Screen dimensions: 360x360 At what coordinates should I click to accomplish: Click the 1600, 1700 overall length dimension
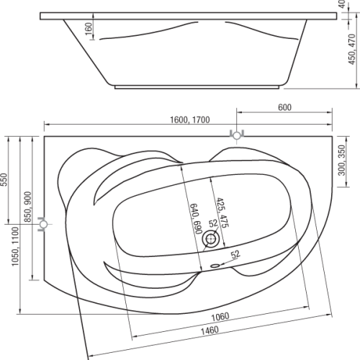pos(189,120)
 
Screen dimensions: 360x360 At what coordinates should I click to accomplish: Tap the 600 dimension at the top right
pos(284,107)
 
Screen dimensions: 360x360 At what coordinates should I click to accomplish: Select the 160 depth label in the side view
pos(89,28)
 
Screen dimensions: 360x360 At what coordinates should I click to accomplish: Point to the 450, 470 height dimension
pos(352,49)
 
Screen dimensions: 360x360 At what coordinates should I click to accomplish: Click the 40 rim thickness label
pos(343,4)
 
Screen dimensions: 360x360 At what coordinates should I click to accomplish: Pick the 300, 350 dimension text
pos(342,160)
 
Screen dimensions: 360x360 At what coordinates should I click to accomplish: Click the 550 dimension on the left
pos(4,179)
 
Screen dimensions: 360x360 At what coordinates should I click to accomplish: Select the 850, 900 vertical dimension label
pos(28,207)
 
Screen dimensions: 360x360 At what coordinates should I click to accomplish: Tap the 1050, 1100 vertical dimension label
pos(15,246)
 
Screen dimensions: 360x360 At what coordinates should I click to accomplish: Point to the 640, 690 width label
pos(195,219)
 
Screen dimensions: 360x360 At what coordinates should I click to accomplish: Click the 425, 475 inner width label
pos(222,212)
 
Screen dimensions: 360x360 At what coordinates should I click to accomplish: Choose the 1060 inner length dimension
pos(220,317)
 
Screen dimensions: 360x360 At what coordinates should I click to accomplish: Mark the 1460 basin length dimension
pos(210,330)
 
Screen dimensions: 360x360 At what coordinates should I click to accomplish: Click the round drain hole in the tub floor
pos(211,239)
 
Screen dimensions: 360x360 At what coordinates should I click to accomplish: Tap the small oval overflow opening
pos(215,266)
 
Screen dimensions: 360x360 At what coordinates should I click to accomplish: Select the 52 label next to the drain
pos(213,223)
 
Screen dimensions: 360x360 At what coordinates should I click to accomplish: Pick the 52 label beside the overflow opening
pos(235,254)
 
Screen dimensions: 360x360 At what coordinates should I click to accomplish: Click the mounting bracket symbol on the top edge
pos(237,135)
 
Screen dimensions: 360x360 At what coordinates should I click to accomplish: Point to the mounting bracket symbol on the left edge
pos(43,224)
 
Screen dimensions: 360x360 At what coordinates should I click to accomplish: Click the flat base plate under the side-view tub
pos(197,87)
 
